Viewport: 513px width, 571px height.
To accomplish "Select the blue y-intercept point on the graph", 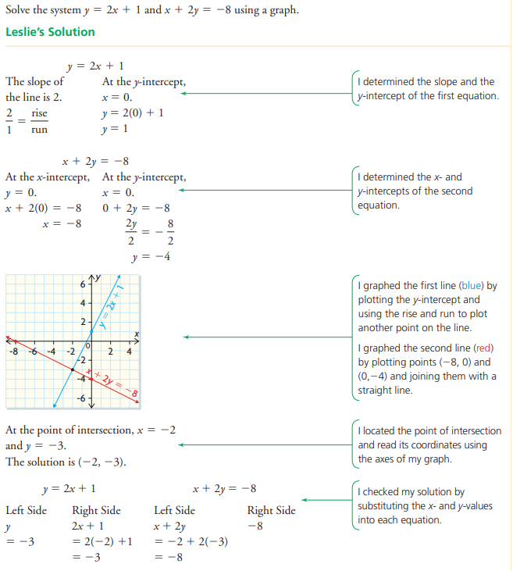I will point(92,330).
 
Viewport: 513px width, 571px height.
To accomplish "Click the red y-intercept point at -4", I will point(92,378).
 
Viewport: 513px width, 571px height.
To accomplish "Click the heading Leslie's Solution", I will point(50,32).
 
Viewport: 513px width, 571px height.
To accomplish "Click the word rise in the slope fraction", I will point(39,114).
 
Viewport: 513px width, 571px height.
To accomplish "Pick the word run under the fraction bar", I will point(39,130).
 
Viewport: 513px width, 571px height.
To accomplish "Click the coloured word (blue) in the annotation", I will point(474,287).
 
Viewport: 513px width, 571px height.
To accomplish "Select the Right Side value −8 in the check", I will point(260,526).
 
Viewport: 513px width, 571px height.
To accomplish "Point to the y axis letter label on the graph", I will point(97,277).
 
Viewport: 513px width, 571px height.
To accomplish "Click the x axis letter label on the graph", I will point(135,334).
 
